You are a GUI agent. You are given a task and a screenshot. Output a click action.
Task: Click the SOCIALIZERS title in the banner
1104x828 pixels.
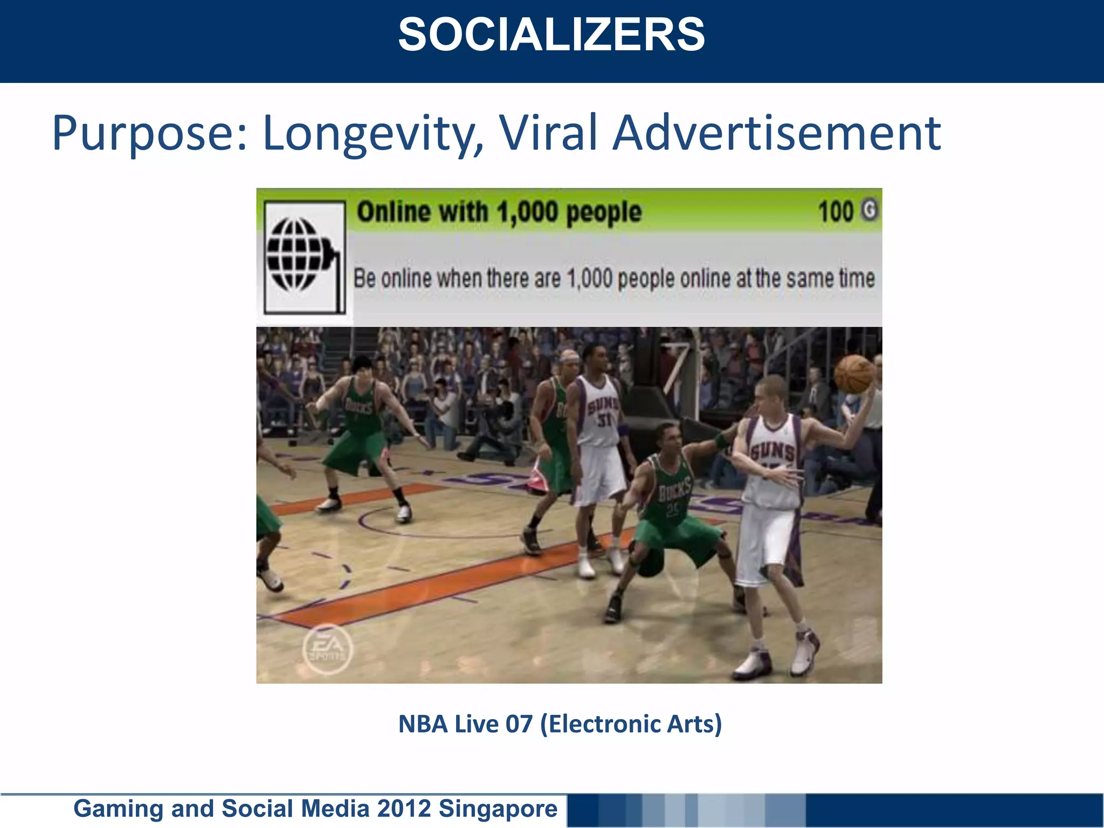[x=551, y=35]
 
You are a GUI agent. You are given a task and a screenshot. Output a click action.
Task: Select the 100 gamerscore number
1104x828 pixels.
[x=836, y=211]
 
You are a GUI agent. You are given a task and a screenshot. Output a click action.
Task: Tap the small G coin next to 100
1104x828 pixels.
[x=869, y=210]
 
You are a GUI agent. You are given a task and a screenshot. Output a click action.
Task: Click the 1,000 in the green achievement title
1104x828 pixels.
[x=527, y=212]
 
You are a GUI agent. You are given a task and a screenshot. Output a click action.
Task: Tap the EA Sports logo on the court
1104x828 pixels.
[x=327, y=648]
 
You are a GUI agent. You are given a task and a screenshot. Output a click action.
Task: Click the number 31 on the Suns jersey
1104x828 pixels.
[x=604, y=419]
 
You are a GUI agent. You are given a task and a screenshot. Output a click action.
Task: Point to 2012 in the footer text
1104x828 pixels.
[x=404, y=809]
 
